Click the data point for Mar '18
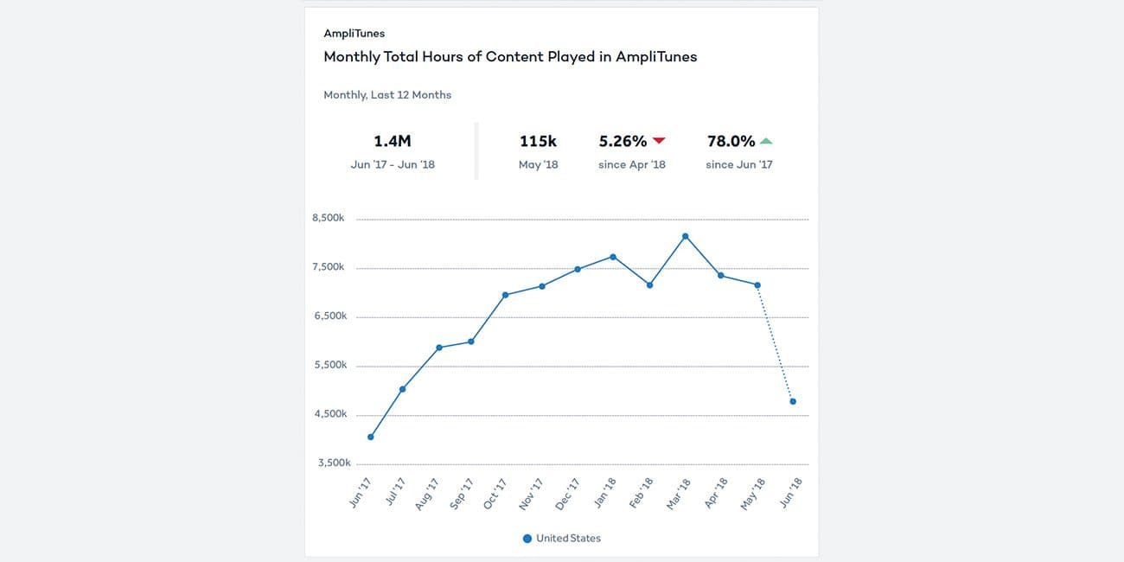coord(685,236)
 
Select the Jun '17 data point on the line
coord(371,437)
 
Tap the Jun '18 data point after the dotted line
coord(793,401)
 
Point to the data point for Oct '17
coord(505,295)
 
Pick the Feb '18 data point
coord(649,284)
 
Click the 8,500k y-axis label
coord(329,219)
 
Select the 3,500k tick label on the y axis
coord(329,463)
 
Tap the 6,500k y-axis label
coord(329,316)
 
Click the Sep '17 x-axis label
coord(460,494)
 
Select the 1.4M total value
coord(393,141)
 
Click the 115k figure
coord(538,141)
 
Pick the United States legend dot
coord(527,539)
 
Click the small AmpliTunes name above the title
coord(354,34)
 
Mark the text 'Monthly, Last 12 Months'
coord(387,95)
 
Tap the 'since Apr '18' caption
coord(632,164)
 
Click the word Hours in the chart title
coord(450,57)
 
